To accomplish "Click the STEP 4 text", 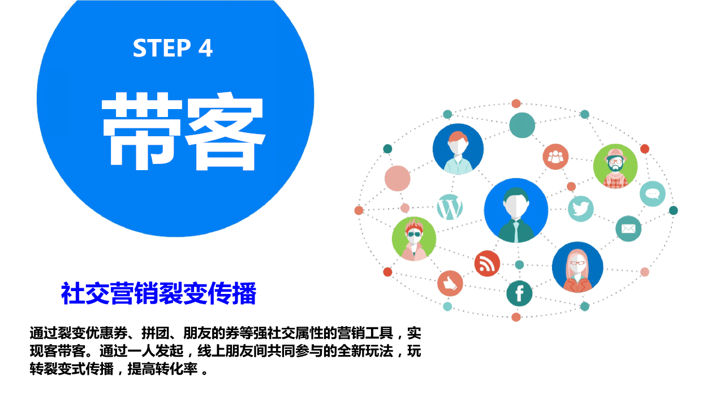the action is pyautogui.click(x=173, y=48).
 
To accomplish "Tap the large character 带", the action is pyautogui.click(x=142, y=131).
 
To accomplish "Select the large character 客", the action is pyautogui.click(x=225, y=131).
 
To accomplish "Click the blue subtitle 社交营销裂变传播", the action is pyautogui.click(x=159, y=293).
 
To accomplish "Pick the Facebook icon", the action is pyautogui.click(x=519, y=293).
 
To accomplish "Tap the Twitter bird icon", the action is pyautogui.click(x=581, y=209).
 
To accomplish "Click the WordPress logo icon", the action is pyautogui.click(x=450, y=207).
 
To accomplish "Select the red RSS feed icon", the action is pyautogui.click(x=487, y=263).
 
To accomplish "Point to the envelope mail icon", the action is pyautogui.click(x=628, y=229).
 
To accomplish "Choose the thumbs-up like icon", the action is pyautogui.click(x=450, y=283).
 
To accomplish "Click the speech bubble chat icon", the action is pyautogui.click(x=653, y=194).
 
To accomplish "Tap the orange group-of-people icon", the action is pyautogui.click(x=555, y=157).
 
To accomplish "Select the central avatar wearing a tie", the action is pyautogui.click(x=516, y=210).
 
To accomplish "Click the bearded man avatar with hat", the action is pyautogui.click(x=615, y=166).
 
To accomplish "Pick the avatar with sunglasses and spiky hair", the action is pyautogui.click(x=414, y=239).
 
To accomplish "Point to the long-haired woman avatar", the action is pyautogui.click(x=578, y=267).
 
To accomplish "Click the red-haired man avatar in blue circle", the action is pyautogui.click(x=458, y=149).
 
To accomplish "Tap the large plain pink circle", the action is pyautogui.click(x=397, y=178).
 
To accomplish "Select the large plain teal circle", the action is pyautogui.click(x=522, y=125).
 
